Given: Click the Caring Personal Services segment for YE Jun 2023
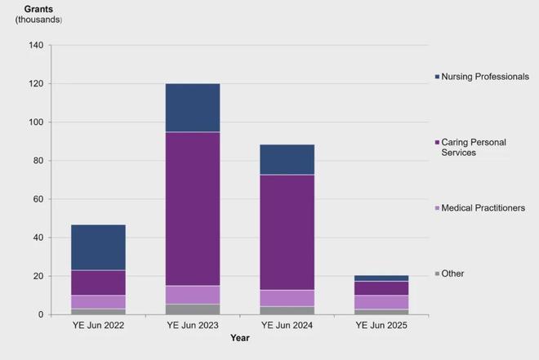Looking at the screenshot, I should (193, 208).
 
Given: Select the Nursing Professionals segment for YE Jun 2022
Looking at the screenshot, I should (98, 247).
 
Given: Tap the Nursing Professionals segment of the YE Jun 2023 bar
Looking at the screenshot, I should (193, 107).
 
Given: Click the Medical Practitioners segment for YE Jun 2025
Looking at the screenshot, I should (381, 302).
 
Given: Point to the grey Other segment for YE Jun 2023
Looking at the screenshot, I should (193, 309).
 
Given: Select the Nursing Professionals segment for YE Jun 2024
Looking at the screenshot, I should (287, 159).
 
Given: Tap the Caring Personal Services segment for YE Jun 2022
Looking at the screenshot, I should (98, 282).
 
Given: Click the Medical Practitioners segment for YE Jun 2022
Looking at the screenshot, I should (98, 302).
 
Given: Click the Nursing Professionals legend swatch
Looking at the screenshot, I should (437, 77).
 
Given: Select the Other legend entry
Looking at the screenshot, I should (452, 273).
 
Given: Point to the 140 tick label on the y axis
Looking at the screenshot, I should (35, 45).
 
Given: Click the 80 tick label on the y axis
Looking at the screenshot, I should (38, 161).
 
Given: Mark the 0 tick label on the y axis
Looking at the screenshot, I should (40, 315).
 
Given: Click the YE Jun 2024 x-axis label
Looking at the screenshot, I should (287, 325).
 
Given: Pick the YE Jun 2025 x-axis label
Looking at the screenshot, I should (381, 325).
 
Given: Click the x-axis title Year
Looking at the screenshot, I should (240, 338).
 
